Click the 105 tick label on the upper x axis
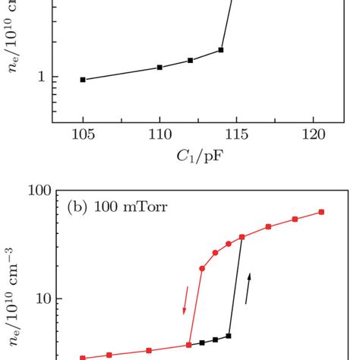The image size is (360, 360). click(83, 135)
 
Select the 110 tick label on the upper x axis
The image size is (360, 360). click(159, 135)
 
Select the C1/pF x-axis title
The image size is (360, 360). click(196, 157)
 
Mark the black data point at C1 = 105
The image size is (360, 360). click(83, 80)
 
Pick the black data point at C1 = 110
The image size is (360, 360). click(159, 68)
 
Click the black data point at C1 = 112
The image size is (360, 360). click(190, 60)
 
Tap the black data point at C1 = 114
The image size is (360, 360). click(221, 50)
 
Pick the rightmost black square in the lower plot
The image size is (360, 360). click(228, 336)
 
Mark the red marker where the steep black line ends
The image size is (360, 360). click(242, 238)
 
